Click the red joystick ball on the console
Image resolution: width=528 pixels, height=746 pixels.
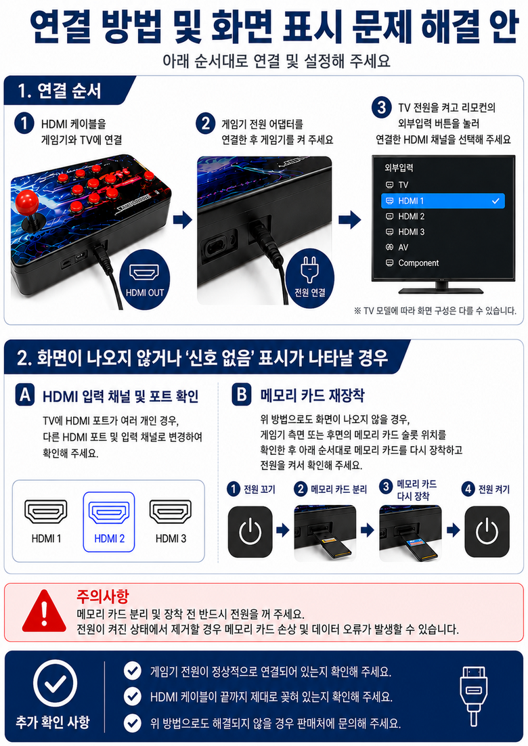[27, 202]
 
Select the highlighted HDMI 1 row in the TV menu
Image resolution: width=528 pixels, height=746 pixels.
[443, 201]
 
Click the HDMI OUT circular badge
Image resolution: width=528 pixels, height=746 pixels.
[145, 280]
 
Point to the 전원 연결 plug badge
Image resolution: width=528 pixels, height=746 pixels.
[310, 278]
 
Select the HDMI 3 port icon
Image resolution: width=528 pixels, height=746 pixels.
[171, 512]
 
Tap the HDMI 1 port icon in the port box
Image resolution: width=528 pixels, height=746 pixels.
[45, 512]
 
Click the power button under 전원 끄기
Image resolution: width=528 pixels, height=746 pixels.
[250, 531]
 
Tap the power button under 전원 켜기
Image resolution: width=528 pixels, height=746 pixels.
[487, 531]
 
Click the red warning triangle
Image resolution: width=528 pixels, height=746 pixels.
[44, 613]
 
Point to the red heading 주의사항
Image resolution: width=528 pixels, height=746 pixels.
[103, 596]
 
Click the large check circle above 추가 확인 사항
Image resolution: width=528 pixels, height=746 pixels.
[56, 683]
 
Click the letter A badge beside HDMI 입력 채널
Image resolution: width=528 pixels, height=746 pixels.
[25, 395]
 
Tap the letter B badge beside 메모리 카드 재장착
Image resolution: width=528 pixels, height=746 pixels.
[241, 395]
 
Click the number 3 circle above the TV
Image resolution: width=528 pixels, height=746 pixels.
[382, 108]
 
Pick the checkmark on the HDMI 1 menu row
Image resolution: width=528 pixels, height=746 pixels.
[496, 201]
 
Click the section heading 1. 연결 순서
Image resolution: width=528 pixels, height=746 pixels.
[60, 91]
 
